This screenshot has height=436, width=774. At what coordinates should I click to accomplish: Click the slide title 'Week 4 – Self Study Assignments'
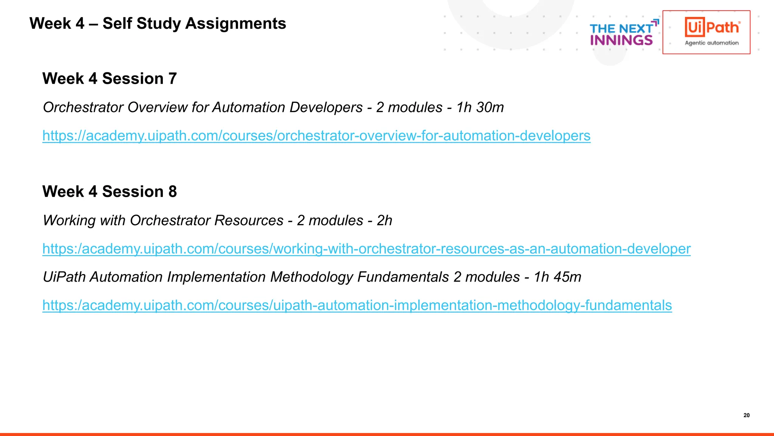tap(158, 23)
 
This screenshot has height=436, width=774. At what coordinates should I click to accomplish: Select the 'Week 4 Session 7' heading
tap(110, 79)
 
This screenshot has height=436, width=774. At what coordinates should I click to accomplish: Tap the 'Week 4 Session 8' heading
tap(110, 192)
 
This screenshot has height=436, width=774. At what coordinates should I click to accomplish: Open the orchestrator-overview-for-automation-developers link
tap(316, 135)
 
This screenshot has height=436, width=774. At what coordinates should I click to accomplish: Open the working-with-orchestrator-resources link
tap(366, 249)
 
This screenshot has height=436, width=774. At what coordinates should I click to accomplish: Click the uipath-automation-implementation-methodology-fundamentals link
tap(357, 305)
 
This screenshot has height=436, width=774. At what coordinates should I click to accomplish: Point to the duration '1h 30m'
tap(480, 107)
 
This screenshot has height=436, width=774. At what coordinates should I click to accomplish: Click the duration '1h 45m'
tap(557, 277)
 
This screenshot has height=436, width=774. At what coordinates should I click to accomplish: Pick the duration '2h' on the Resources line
tap(384, 221)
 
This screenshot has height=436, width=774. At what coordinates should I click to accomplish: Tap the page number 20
tap(746, 415)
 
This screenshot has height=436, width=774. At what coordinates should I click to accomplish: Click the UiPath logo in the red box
tap(712, 28)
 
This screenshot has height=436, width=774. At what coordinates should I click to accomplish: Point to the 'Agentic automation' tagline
tap(712, 43)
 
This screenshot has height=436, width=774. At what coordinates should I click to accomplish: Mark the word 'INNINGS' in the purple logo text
tap(621, 40)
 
